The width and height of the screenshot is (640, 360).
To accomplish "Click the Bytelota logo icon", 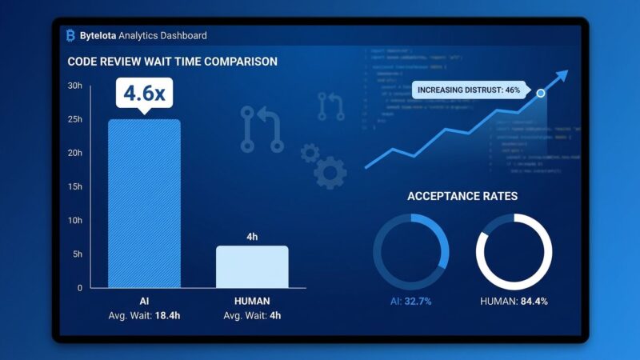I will (70, 35).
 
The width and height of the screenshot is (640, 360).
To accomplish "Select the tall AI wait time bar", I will (144, 203).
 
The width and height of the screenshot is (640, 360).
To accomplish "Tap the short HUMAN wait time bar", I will (252, 266).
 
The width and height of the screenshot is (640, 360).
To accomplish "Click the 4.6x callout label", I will (144, 93).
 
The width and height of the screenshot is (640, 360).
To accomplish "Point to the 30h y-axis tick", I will (74, 86).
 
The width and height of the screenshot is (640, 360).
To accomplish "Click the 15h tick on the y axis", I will (74, 186).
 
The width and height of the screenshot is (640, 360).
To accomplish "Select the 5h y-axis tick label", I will (77, 254).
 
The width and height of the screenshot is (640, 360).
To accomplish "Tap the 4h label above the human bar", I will (252, 236).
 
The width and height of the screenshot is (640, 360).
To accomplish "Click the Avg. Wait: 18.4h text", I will (144, 315).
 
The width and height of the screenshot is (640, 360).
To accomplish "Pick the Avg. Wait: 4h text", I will (252, 315).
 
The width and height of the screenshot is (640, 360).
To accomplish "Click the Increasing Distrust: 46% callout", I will (468, 90).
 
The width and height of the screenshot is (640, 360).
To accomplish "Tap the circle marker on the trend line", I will (541, 94).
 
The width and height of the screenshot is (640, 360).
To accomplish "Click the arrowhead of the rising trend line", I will (563, 75).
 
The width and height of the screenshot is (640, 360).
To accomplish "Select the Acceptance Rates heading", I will (462, 196).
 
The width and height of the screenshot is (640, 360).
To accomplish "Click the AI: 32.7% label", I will (410, 301).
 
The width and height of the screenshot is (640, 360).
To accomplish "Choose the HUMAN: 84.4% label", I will (514, 301).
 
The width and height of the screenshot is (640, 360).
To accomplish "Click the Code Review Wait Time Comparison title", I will (172, 62).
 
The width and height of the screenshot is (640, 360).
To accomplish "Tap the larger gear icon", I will (330, 173).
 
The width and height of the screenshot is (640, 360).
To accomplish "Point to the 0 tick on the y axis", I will (79, 287).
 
